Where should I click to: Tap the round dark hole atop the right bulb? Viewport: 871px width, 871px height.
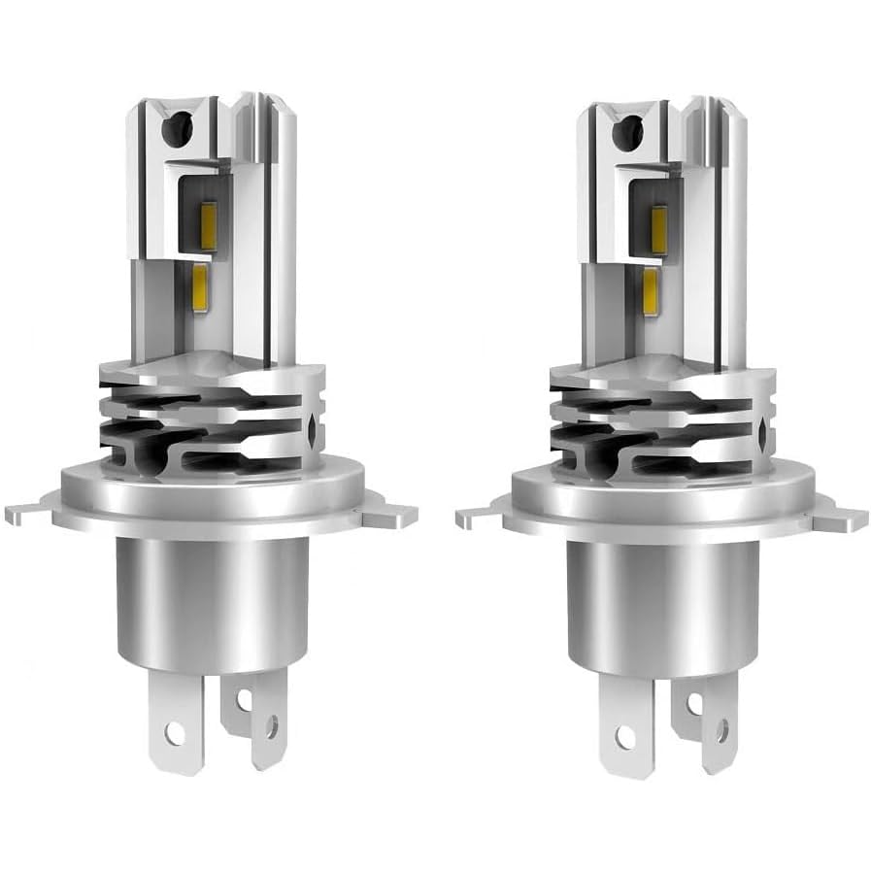tap(634, 127)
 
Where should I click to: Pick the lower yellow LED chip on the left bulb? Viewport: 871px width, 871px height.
tap(202, 285)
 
